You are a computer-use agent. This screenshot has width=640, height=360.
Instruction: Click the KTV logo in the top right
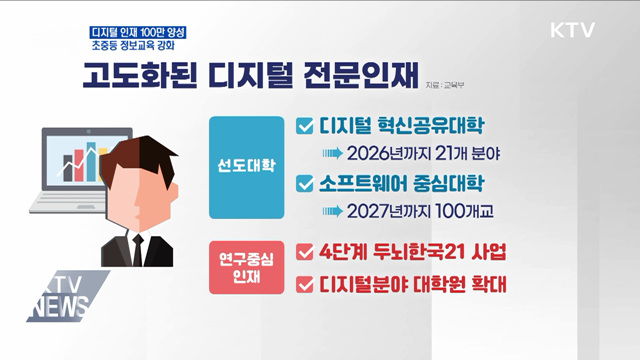click(x=572, y=29)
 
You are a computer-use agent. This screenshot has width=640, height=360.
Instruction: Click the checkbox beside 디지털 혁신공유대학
click(x=306, y=127)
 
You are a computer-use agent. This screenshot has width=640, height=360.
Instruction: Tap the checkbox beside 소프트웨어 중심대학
click(x=306, y=185)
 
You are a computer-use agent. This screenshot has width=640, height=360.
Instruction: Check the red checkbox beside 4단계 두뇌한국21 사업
click(x=306, y=250)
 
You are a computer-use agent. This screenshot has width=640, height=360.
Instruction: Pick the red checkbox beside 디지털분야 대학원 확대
click(x=306, y=285)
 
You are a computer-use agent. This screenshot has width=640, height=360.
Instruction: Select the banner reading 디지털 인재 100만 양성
click(x=137, y=31)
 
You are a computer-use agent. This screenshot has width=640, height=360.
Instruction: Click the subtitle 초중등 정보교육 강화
click(x=138, y=48)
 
